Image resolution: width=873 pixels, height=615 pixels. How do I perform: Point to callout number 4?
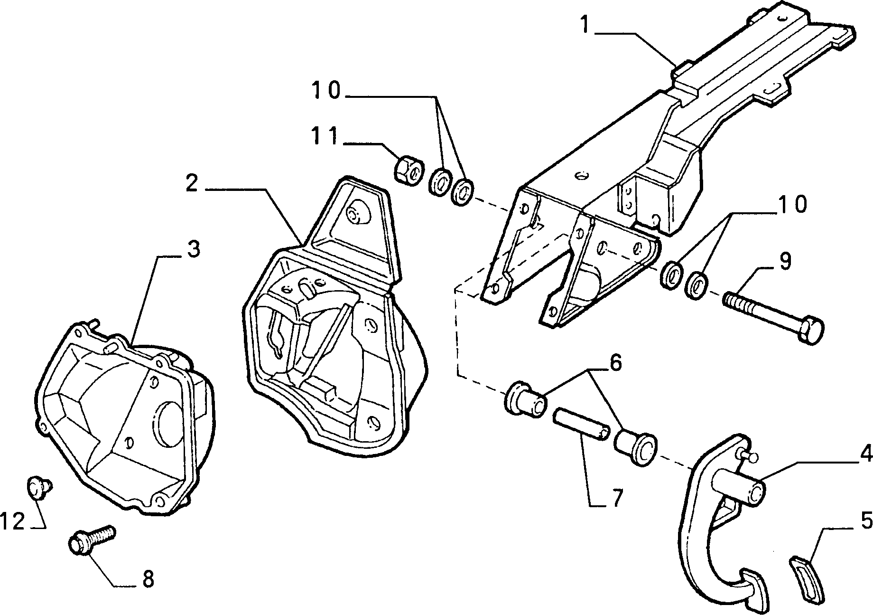pyautogui.click(x=865, y=455)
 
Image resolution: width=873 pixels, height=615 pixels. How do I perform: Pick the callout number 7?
pyautogui.click(x=616, y=499)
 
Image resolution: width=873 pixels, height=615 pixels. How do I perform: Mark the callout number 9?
pyautogui.click(x=785, y=261)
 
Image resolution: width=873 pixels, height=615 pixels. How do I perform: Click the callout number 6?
pyautogui.click(x=615, y=363)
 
